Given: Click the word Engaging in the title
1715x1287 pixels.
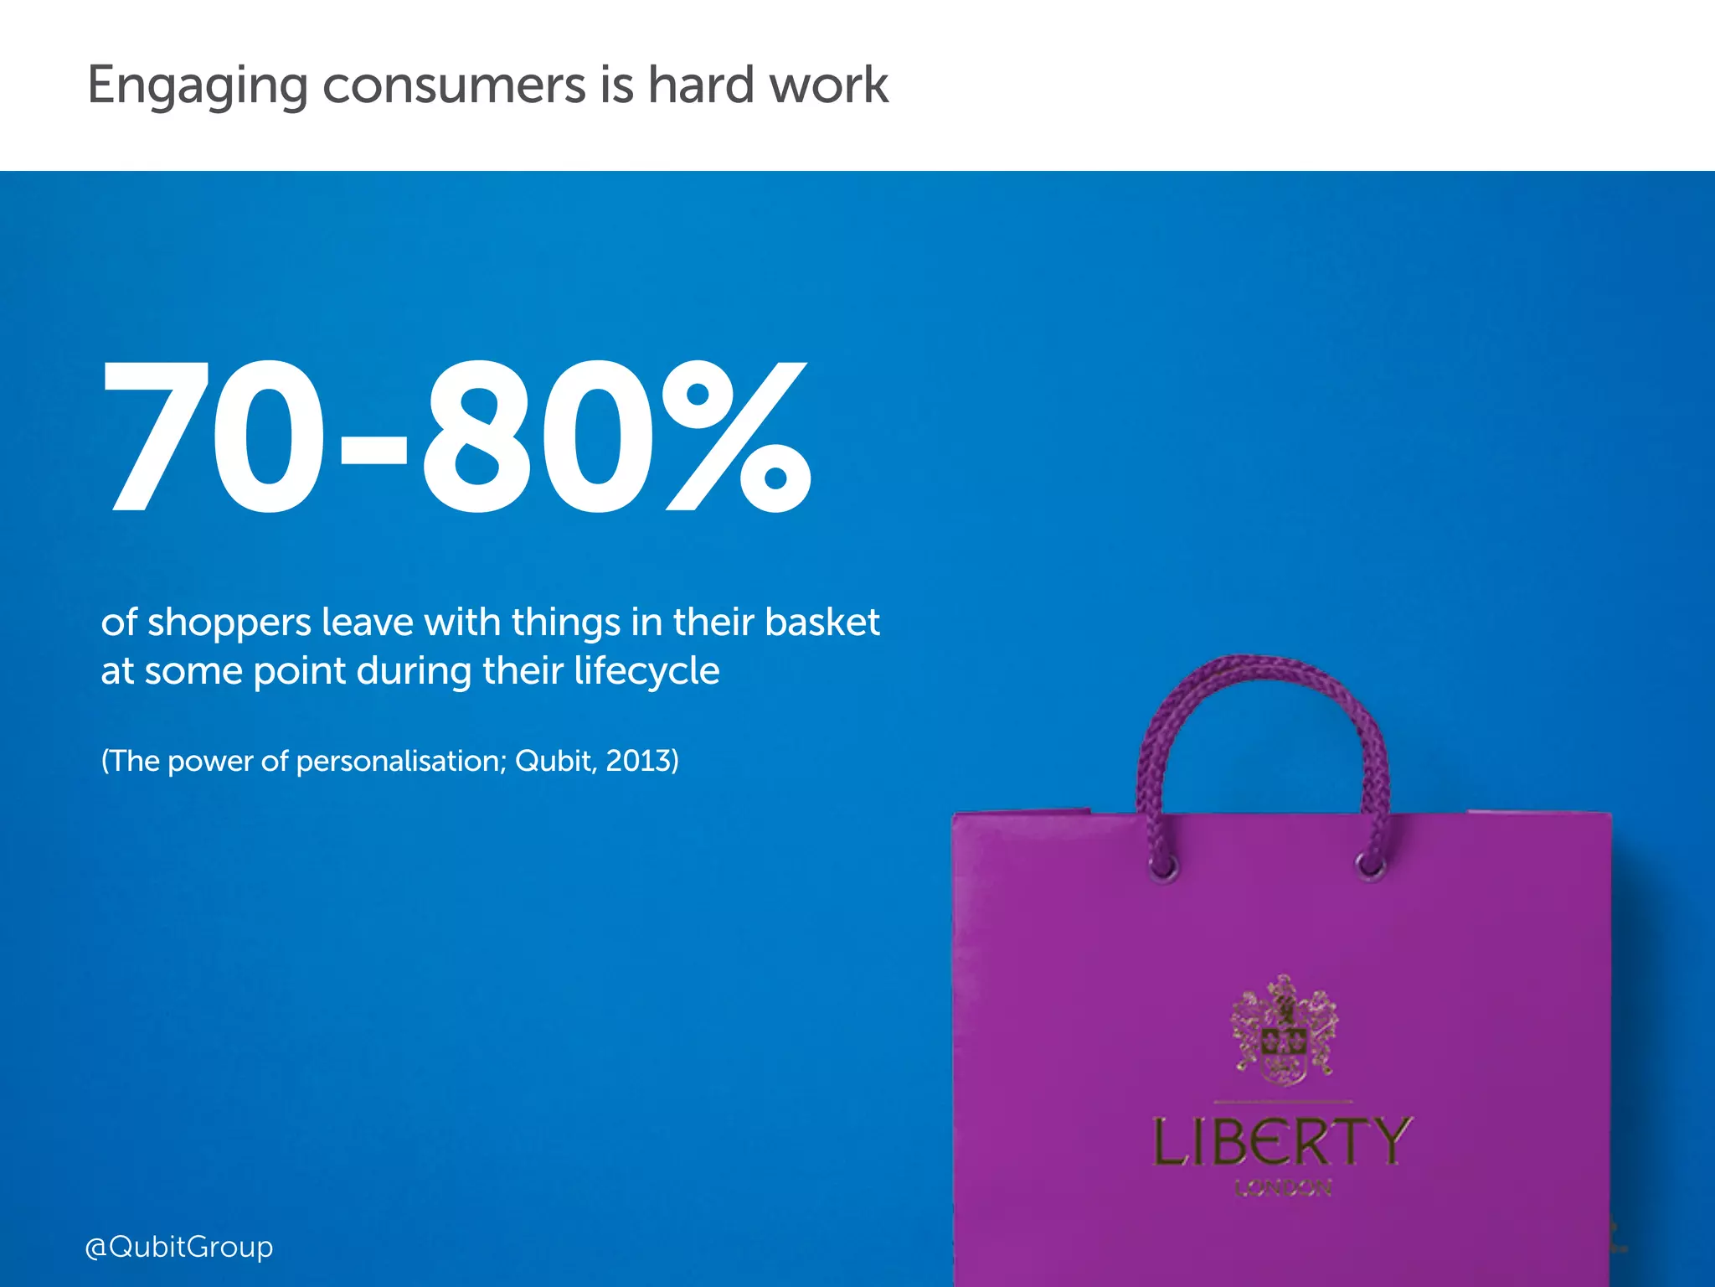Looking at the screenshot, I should (198, 87).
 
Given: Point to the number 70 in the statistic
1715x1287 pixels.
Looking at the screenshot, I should (214, 436).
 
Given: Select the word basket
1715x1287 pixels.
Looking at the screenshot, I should (821, 623).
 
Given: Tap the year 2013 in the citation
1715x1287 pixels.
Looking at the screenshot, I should (639, 761).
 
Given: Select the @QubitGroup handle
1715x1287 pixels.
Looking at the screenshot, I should (179, 1247).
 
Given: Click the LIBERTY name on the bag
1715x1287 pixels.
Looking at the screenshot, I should (1282, 1142).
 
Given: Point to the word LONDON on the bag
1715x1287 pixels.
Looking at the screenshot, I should (1283, 1188).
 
